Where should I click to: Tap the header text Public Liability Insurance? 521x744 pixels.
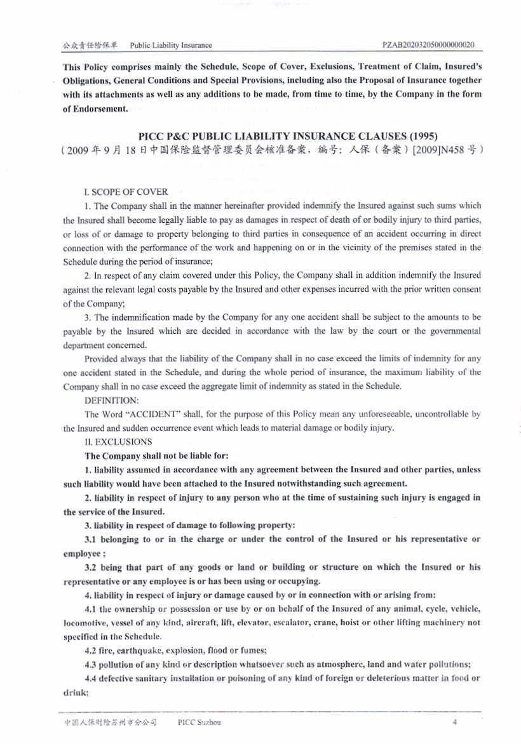click(171, 45)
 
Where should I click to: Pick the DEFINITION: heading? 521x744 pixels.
click(111, 401)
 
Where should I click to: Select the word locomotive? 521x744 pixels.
click(86, 623)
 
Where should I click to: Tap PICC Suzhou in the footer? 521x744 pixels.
click(200, 722)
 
